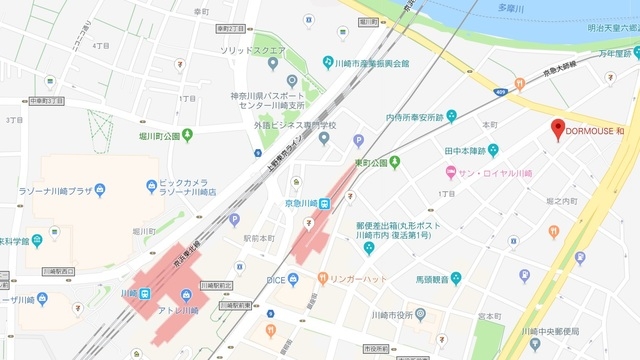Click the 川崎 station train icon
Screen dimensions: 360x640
[x=145, y=293]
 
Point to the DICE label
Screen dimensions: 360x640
[x=276, y=279]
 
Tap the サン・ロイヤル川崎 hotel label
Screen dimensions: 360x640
[x=494, y=173]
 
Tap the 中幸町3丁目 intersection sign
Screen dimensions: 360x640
[x=46, y=101]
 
